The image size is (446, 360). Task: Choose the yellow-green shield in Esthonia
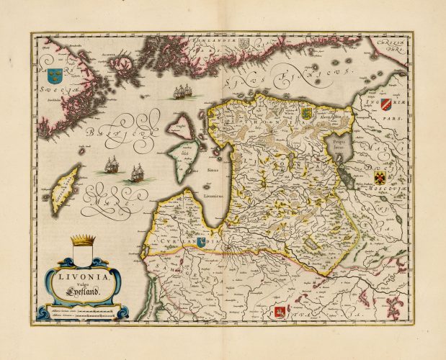[304, 113]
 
